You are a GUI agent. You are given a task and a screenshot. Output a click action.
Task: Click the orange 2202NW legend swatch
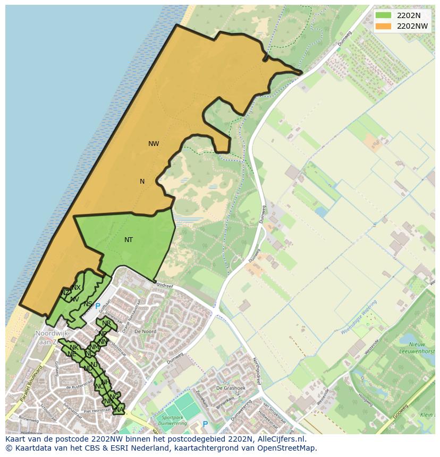pos(383,26)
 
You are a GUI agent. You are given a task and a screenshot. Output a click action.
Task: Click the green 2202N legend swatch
pos(383,15)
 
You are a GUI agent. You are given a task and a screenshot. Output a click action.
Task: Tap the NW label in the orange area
pos(154,144)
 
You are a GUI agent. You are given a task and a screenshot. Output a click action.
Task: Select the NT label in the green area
pos(129,240)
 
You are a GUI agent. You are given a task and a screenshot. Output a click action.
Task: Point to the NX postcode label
pos(77,288)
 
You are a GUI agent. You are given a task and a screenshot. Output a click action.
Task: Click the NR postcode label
pos(106,323)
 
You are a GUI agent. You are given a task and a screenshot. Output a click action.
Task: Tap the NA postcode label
pos(119,409)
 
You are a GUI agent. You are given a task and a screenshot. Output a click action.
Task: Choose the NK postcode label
pos(74,348)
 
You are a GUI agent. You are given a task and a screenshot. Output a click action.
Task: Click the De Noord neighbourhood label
pos(145,331)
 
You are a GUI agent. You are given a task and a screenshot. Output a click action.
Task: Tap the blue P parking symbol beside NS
pos(97,306)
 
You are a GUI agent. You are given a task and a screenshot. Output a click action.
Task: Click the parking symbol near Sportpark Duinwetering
pos(205,424)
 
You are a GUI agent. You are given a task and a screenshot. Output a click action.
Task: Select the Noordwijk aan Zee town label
pos(53,337)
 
